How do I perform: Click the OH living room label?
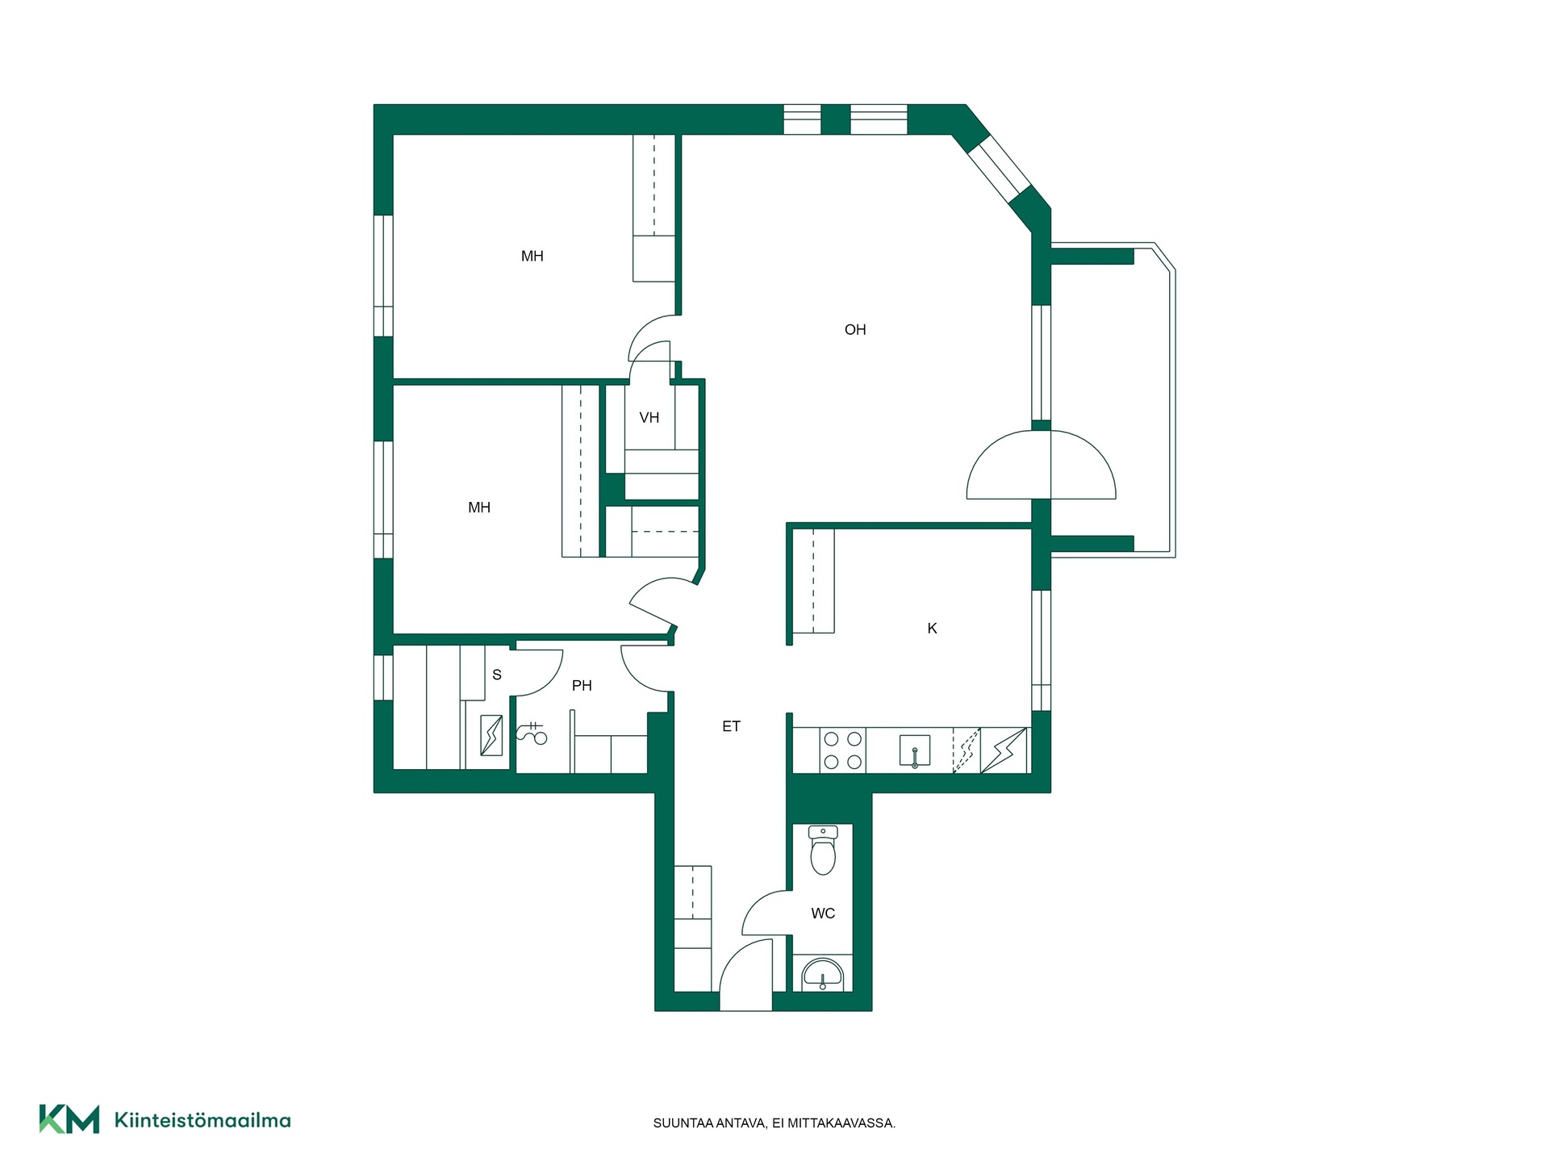(x=855, y=329)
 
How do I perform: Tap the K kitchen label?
(x=932, y=629)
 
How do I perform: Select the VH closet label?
(x=649, y=417)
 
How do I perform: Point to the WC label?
(x=823, y=913)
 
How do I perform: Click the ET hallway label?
(x=731, y=726)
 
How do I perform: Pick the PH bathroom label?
(x=582, y=686)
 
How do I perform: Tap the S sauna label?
(x=497, y=675)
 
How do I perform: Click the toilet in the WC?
(x=823, y=851)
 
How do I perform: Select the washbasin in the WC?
(x=822, y=975)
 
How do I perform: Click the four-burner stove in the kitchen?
(x=843, y=750)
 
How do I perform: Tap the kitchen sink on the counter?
(x=915, y=750)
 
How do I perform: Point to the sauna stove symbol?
(x=491, y=735)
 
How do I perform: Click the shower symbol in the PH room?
(x=532, y=733)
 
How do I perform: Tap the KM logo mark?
(x=69, y=1119)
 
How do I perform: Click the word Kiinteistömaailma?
(x=202, y=1120)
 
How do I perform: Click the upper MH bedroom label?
(x=532, y=257)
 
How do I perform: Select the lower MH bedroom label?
(x=479, y=508)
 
